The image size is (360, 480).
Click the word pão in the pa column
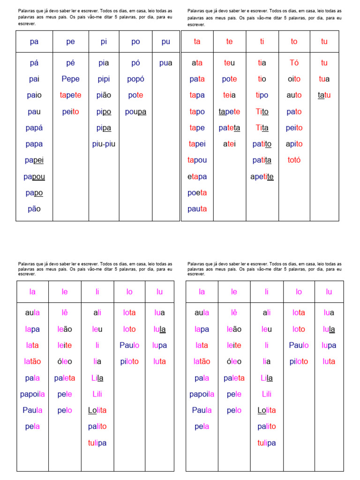click(x=34, y=209)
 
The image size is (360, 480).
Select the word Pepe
click(x=70, y=79)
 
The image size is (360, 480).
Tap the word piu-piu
click(x=104, y=144)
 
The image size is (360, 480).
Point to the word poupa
click(x=135, y=112)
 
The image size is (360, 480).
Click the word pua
click(x=165, y=63)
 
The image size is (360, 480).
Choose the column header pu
click(x=165, y=42)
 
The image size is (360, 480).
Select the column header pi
click(x=104, y=42)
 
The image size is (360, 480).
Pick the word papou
click(x=34, y=177)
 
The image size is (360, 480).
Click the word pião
click(x=104, y=95)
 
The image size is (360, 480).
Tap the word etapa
click(x=197, y=177)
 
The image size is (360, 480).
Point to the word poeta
click(x=197, y=193)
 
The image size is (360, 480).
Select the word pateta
click(x=229, y=128)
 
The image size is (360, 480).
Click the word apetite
click(x=262, y=177)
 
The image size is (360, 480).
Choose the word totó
click(x=294, y=160)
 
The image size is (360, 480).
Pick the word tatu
click(x=324, y=95)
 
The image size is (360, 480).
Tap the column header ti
click(x=262, y=42)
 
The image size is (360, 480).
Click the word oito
click(x=294, y=79)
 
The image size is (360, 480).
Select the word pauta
click(x=197, y=209)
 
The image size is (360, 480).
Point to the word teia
click(x=229, y=95)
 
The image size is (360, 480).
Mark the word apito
click(x=294, y=144)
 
